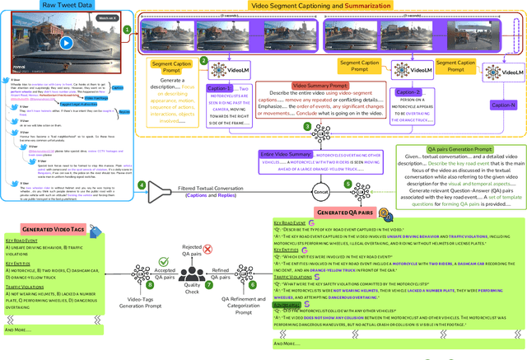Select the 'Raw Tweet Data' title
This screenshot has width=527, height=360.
click(x=66, y=5)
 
